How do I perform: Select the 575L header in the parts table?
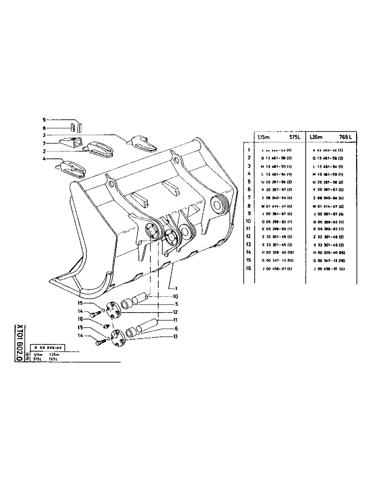pyautogui.click(x=292, y=137)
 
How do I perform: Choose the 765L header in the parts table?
pyautogui.click(x=345, y=137)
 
